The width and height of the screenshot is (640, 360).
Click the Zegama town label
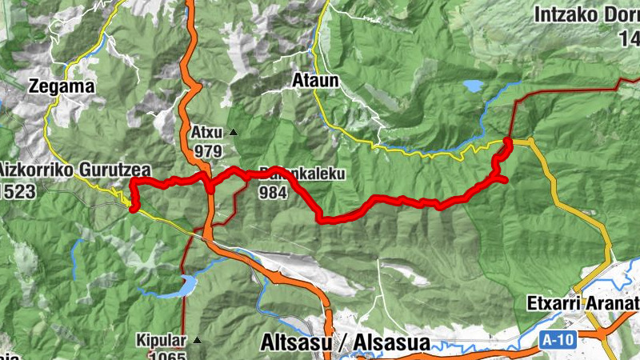(x=61, y=86)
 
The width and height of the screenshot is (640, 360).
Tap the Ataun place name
(x=315, y=81)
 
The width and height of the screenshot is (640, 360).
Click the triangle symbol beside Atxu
(x=233, y=132)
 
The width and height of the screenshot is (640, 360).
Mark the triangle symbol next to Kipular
(x=196, y=340)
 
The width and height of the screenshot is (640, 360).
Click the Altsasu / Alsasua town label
(x=345, y=343)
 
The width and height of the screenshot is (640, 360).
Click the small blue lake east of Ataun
(x=473, y=85)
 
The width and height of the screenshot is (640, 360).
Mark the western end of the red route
(x=134, y=209)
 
